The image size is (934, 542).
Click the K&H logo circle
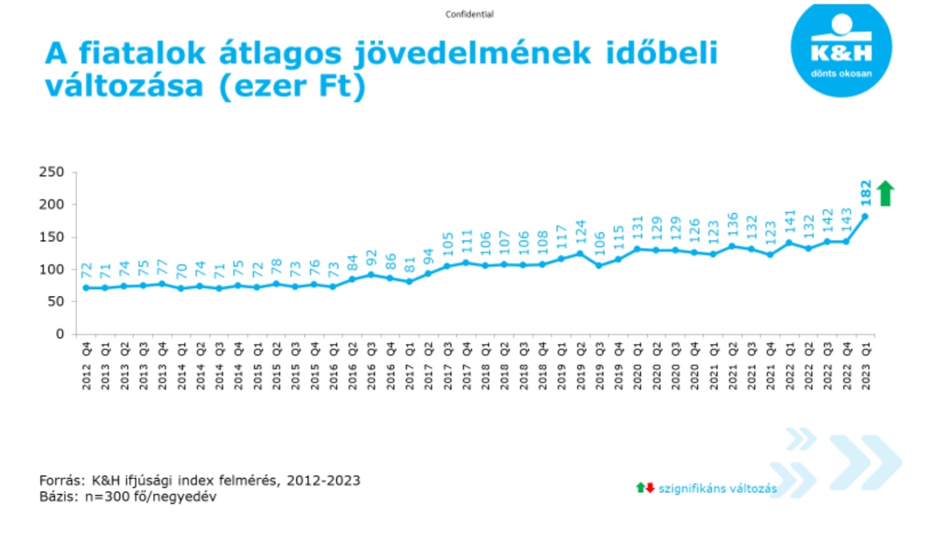[x=841, y=50]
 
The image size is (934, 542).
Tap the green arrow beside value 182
[x=885, y=193]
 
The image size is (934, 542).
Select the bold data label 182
[x=866, y=193]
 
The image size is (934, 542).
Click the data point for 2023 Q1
[x=865, y=216]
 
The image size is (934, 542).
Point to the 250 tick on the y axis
[x=52, y=172]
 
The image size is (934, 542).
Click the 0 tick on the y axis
[x=60, y=334]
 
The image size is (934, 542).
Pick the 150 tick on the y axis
[x=52, y=237]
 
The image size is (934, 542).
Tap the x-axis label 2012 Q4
[x=86, y=366]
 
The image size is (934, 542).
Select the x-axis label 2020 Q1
[x=638, y=366]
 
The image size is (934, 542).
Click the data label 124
[x=580, y=231]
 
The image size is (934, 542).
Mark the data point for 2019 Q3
[x=599, y=265]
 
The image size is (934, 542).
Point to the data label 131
[x=638, y=227]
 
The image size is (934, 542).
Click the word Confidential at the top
[x=469, y=14]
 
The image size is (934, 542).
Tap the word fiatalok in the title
[x=142, y=53]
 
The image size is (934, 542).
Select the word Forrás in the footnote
[x=60, y=480]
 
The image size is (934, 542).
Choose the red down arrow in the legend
[x=650, y=488]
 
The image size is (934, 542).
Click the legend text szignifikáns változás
[x=717, y=489]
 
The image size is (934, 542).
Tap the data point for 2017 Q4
[x=466, y=263]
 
